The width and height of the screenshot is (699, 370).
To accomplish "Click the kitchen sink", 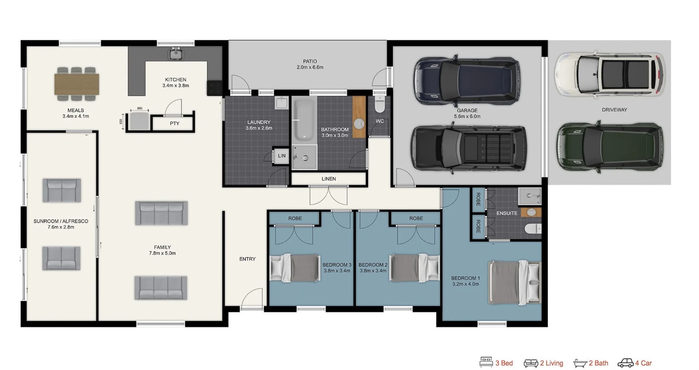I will pyautogui.click(x=176, y=54).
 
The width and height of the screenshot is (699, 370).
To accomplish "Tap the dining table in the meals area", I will pyautogui.click(x=76, y=84).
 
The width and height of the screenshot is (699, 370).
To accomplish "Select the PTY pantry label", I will pyautogui.click(x=174, y=123).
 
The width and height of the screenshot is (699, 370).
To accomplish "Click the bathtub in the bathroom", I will pyautogui.click(x=304, y=120).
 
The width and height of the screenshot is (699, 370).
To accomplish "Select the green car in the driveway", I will pyautogui.click(x=609, y=146).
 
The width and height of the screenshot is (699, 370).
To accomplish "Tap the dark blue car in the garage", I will pyautogui.click(x=467, y=80).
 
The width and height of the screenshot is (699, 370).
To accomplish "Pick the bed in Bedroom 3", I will pyautogui.click(x=295, y=268).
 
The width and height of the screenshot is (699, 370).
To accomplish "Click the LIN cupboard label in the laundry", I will pyautogui.click(x=281, y=156).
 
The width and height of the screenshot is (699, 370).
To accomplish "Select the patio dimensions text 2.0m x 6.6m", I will pyautogui.click(x=310, y=67).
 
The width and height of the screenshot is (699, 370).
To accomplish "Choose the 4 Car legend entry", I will pyautogui.click(x=635, y=363).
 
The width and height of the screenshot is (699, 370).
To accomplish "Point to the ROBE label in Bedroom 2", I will pyautogui.click(x=416, y=218).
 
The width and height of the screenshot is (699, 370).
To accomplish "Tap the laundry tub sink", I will pyautogui.click(x=281, y=103).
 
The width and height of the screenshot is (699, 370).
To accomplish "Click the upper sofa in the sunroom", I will pyautogui.click(x=62, y=190).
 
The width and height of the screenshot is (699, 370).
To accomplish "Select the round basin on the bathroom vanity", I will pyautogui.click(x=359, y=124).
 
